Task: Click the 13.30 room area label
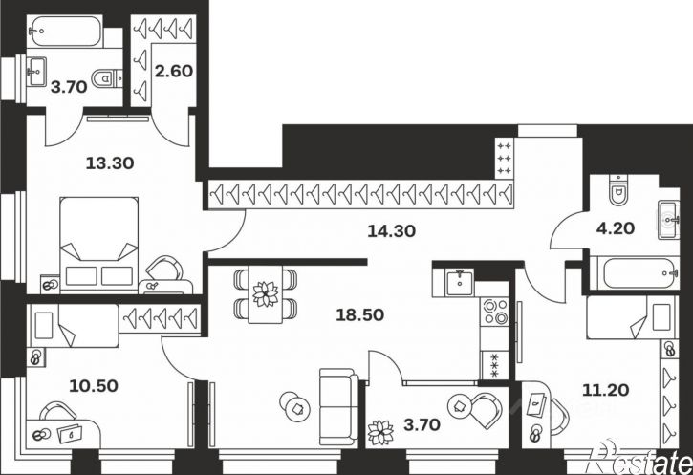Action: pyautogui.click(x=110, y=163)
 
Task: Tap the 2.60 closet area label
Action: pyautogui.click(x=174, y=71)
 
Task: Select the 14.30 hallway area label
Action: pyautogui.click(x=392, y=230)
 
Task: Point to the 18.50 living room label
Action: pyautogui.click(x=359, y=314)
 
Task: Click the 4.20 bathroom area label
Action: pyautogui.click(x=616, y=228)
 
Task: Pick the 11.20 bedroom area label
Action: pyautogui.click(x=605, y=390)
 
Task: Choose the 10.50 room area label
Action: pyautogui.click(x=94, y=386)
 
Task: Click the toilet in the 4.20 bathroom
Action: pyautogui.click(x=618, y=190)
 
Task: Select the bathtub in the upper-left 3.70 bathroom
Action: pyautogui.click(x=65, y=31)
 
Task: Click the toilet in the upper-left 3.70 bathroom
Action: pyautogui.click(x=107, y=78)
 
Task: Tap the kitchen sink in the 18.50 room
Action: pyautogui.click(x=460, y=282)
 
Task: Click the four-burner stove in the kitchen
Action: pyautogui.click(x=495, y=312)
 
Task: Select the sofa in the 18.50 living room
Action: pyautogui.click(x=339, y=407)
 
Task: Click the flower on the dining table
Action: pyautogui.click(x=266, y=293)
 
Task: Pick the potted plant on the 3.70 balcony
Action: pyautogui.click(x=380, y=432)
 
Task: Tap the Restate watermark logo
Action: pyautogui.click(x=639, y=458)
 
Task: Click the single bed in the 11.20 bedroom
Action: pyautogui.click(x=632, y=316)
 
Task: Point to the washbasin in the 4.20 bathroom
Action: pyautogui.click(x=668, y=219)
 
